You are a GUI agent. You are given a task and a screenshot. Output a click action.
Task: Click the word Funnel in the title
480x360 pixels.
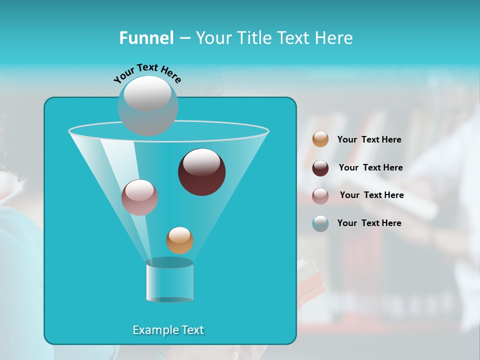point(146,38)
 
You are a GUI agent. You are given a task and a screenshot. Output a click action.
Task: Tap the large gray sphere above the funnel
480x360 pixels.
point(147,105)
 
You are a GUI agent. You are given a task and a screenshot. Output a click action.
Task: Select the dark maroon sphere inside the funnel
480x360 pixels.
point(202,172)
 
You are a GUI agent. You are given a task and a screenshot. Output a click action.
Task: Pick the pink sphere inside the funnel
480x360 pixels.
point(139,197)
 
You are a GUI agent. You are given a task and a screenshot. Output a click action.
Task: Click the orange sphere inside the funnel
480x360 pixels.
point(179,240)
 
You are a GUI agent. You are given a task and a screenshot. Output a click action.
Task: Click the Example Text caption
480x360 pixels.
point(168,330)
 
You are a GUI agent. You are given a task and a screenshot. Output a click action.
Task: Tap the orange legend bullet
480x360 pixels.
point(320,139)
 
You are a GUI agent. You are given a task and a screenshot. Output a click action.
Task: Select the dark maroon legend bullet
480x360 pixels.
point(320,168)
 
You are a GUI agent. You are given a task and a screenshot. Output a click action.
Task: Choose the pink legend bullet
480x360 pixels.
point(320,195)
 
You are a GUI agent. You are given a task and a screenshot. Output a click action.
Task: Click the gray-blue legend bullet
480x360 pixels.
point(320,223)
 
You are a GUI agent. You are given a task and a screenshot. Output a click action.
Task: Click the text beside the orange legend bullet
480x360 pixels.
point(369,139)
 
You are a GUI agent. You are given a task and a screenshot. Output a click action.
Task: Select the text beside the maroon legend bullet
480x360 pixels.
point(370,167)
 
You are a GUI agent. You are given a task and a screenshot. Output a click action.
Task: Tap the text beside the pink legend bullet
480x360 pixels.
point(371,195)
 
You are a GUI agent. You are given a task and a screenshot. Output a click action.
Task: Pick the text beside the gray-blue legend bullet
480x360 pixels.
point(369,223)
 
